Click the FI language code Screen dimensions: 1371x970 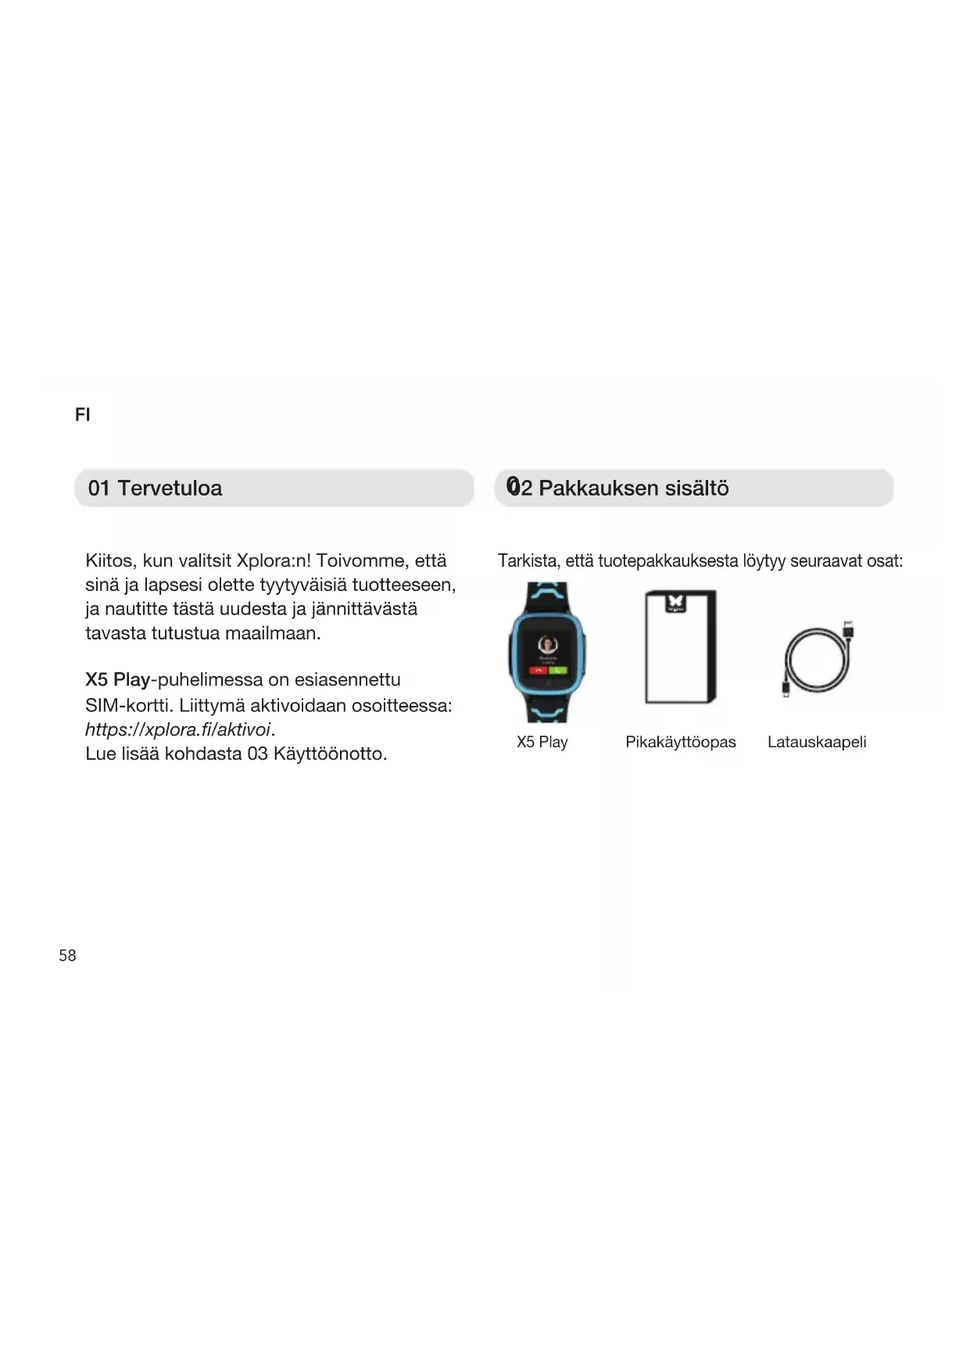[x=82, y=415]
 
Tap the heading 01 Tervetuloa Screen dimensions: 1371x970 [x=155, y=489]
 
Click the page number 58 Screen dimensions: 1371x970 [x=67, y=955]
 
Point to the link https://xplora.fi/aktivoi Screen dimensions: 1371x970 [x=177, y=729]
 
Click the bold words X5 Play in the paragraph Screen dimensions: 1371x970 [x=117, y=679]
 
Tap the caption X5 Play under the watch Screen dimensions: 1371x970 [x=542, y=742]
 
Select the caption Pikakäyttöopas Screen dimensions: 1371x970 [x=680, y=742]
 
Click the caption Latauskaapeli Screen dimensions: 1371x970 [x=816, y=742]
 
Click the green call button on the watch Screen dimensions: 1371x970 [x=557, y=670]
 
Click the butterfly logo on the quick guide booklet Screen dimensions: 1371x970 [x=675, y=603]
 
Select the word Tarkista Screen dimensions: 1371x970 [x=528, y=560]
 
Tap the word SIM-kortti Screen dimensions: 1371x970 [x=129, y=705]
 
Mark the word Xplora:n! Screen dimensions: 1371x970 [x=274, y=560]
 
